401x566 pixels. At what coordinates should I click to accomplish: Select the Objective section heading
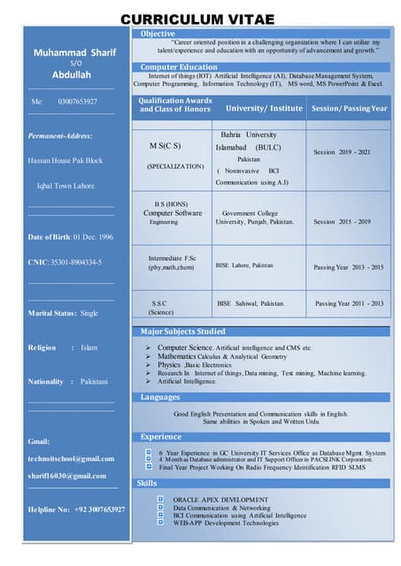pos(158,34)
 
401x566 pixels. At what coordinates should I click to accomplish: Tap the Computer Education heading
pos(178,67)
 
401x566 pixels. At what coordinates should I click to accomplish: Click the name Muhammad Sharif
pos(74,53)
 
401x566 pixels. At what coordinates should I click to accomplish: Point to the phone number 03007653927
pos(78,102)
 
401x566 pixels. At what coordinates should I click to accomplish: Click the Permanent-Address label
pos(60,135)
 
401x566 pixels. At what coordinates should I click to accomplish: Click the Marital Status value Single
pos(89,313)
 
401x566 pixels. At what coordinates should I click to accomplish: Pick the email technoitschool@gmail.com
pos(72,458)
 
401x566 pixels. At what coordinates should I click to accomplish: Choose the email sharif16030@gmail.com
pos(67,476)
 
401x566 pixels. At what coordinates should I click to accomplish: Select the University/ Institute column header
pos(264,108)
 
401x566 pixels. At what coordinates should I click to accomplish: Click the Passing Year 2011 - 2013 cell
pos(350,303)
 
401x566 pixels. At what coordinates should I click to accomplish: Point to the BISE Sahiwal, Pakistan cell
pos(251,303)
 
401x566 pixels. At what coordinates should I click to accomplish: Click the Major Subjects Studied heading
pos(183,332)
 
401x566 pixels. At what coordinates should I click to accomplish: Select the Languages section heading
pos(160,397)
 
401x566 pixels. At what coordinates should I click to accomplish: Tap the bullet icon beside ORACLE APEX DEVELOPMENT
pos(160,499)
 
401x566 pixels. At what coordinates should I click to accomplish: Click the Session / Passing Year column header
pos(350,108)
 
